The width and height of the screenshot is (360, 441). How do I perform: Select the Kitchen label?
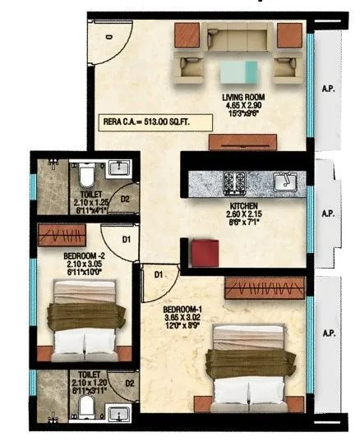coord(244,205)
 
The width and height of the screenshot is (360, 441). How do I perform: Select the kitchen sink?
coord(285,180)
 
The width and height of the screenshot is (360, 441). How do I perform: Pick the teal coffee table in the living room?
coord(244,72)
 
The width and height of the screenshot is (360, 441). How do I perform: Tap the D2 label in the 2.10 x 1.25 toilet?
coord(127,198)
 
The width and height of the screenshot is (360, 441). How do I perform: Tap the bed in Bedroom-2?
coord(89,317)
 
